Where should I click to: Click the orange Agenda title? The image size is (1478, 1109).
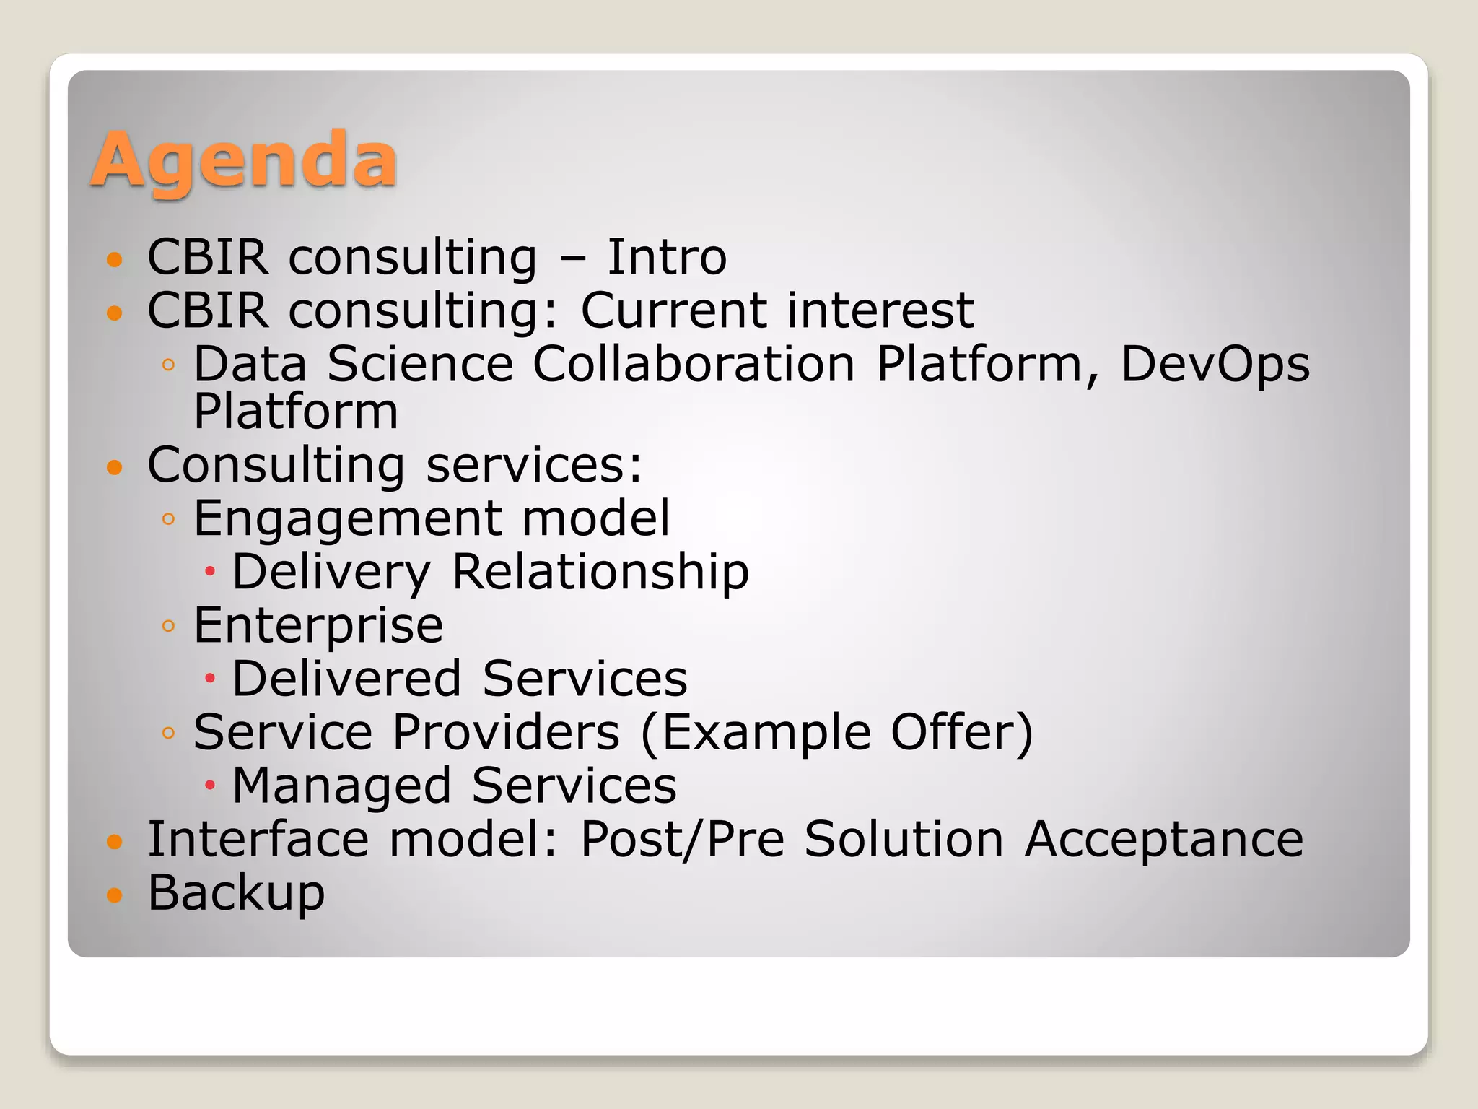pyautogui.click(x=244, y=160)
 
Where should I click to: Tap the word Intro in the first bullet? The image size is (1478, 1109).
pyautogui.click(x=666, y=258)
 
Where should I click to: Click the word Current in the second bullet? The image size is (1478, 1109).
pyautogui.click(x=673, y=311)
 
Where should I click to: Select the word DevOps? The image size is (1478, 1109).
pyautogui.click(x=1215, y=365)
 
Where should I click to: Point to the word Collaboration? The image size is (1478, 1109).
pyautogui.click(x=694, y=364)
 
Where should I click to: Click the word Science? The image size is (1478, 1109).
pyautogui.click(x=420, y=364)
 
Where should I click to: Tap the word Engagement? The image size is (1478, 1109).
pyautogui.click(x=348, y=520)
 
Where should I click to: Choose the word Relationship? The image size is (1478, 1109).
pyautogui.click(x=600, y=573)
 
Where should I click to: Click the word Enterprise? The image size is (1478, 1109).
pyautogui.click(x=318, y=627)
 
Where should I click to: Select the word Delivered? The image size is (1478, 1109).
pyautogui.click(x=346, y=679)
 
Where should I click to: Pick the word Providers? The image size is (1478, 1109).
pyautogui.click(x=507, y=733)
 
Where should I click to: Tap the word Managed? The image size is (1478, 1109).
pyautogui.click(x=341, y=786)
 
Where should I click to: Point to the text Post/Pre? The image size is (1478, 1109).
pyautogui.click(x=682, y=840)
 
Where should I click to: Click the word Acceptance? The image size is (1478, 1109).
pyautogui.click(x=1163, y=840)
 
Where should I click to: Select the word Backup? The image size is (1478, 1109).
pyautogui.click(x=236, y=894)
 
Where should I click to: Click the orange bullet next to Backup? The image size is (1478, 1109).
pyautogui.click(x=115, y=895)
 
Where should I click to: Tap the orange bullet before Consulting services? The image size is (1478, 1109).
pyautogui.click(x=115, y=467)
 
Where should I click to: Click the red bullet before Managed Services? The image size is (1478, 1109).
pyautogui.click(x=210, y=785)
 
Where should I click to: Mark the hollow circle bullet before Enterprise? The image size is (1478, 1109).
pyautogui.click(x=169, y=626)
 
